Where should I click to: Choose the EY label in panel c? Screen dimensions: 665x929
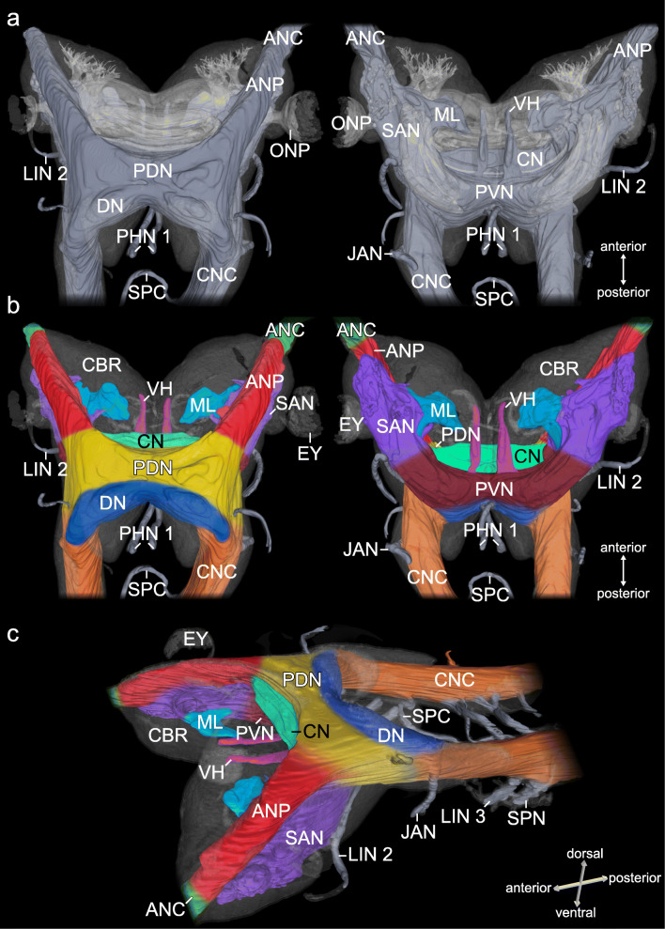196,641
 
